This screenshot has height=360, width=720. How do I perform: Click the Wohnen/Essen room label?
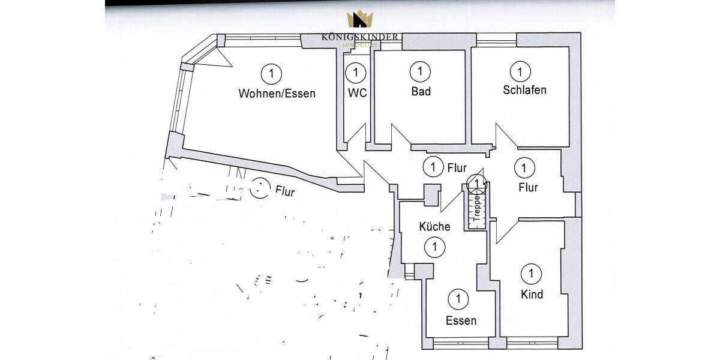click(277, 94)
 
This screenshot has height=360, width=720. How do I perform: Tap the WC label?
click(357, 93)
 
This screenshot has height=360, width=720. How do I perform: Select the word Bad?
click(421, 92)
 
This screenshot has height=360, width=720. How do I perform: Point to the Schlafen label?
click(524, 90)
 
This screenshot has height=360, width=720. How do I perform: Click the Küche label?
click(434, 227)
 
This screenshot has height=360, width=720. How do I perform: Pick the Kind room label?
click(532, 294)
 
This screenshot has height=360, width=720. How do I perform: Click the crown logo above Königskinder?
click(360, 20)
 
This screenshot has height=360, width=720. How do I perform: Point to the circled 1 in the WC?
click(356, 73)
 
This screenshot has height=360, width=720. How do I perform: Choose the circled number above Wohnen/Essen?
click(272, 74)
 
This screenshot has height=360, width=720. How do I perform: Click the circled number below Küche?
click(434, 246)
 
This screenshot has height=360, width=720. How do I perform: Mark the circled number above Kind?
click(531, 274)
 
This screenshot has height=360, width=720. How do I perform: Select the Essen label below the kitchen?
click(461, 320)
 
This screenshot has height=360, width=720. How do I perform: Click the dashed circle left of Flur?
click(260, 189)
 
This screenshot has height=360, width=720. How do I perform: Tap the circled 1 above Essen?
click(458, 298)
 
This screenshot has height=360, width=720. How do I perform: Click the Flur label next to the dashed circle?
click(285, 192)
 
